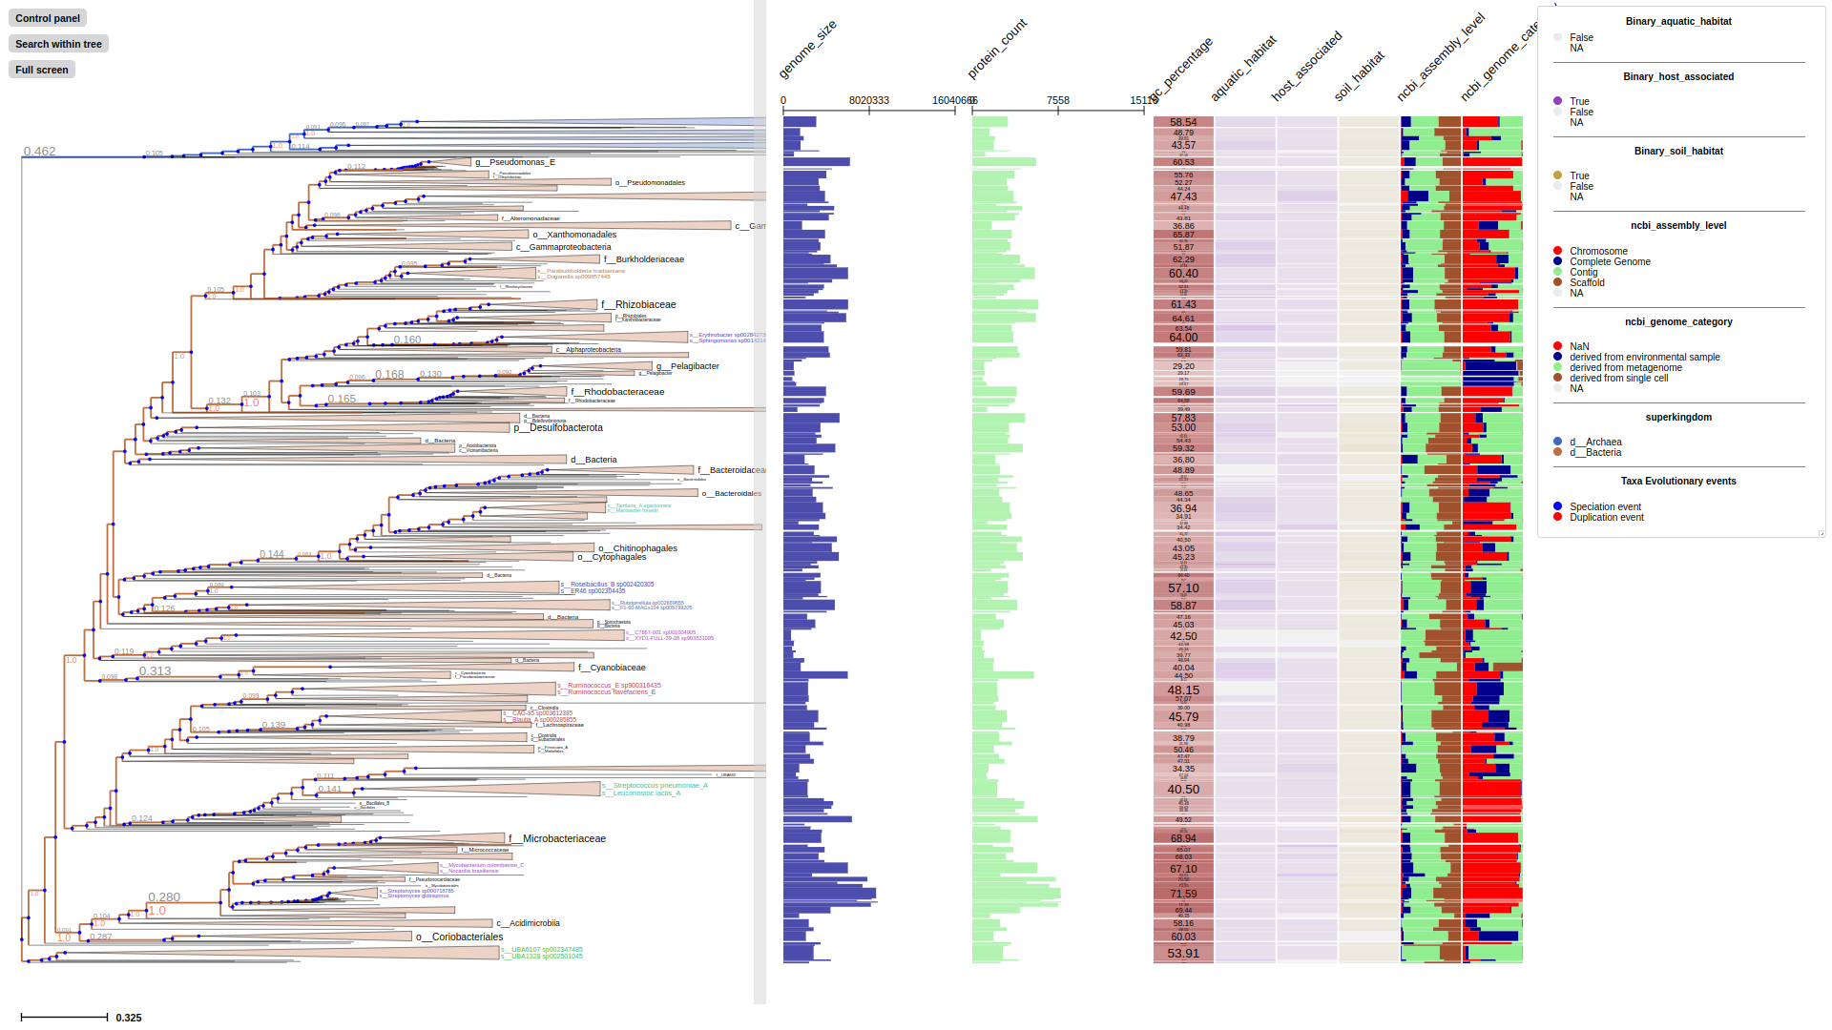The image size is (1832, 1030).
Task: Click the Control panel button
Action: [48, 18]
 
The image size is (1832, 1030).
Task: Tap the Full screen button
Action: [42, 70]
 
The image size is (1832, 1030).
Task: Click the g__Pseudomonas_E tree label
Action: [515, 162]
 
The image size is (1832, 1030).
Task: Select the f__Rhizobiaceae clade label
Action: [638, 305]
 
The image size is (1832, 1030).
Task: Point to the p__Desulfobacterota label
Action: [558, 428]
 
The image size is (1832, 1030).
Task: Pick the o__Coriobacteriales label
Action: [459, 937]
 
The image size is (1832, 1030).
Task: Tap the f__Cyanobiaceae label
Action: [612, 668]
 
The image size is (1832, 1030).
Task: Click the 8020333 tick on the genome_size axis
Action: [869, 100]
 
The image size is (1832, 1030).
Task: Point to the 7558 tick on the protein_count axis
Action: [1058, 100]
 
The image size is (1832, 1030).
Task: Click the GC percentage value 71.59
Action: [1183, 894]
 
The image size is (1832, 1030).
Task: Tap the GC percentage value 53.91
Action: [1183, 954]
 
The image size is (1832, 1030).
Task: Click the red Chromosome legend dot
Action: [1558, 251]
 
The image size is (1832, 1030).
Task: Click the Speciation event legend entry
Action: [1605, 507]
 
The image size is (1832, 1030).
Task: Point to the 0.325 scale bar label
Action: [129, 1018]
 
